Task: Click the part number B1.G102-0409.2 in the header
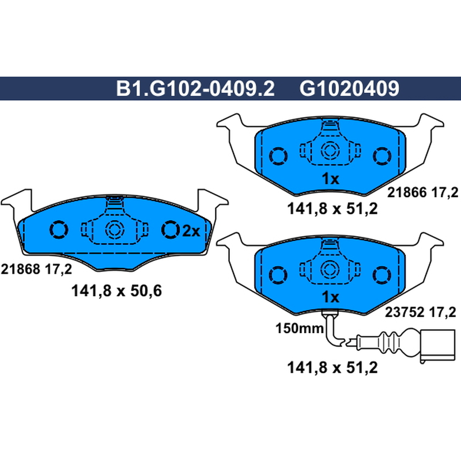pos(195,89)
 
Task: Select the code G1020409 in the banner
pos(349,89)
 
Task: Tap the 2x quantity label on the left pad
pos(191,231)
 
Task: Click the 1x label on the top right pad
pos(330,179)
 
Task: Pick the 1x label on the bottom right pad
pos(330,297)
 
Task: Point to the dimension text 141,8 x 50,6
pos(116,291)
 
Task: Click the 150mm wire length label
pos(299,328)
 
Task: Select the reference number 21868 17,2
pos(36,269)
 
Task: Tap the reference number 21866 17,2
pos(422,192)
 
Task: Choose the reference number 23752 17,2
pos(421,312)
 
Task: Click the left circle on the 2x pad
pos(59,229)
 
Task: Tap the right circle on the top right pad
pos(382,156)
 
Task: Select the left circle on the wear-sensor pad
pos(278,275)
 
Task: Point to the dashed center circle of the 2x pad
pos(115,229)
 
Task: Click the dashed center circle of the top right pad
pos(330,150)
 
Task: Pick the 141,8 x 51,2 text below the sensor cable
pos(332,368)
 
